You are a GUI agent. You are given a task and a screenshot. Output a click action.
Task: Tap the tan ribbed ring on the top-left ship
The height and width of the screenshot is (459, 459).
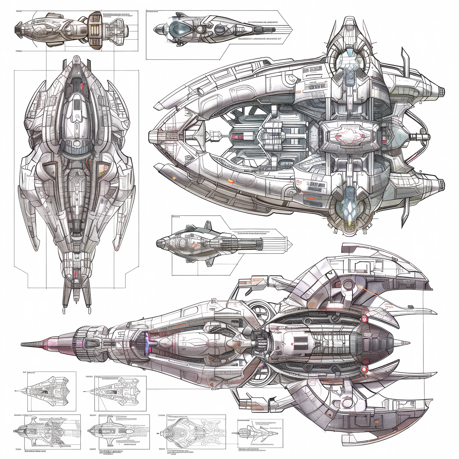coord(95,30)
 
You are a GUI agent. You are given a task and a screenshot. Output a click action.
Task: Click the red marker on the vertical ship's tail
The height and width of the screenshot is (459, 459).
coord(76,273)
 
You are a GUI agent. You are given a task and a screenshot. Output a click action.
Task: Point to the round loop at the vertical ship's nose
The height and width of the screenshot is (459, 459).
coord(76,59)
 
